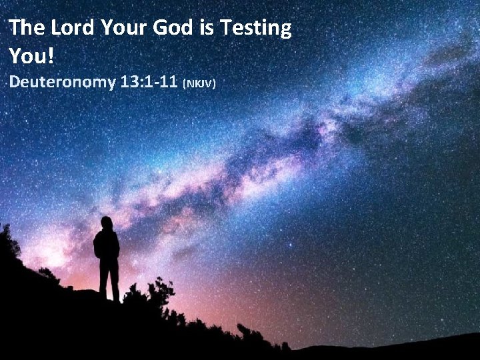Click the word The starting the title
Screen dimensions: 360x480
[27, 29]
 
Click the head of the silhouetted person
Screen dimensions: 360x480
[107, 223]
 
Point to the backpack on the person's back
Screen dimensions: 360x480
[98, 246]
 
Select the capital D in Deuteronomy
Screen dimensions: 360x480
[14, 83]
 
